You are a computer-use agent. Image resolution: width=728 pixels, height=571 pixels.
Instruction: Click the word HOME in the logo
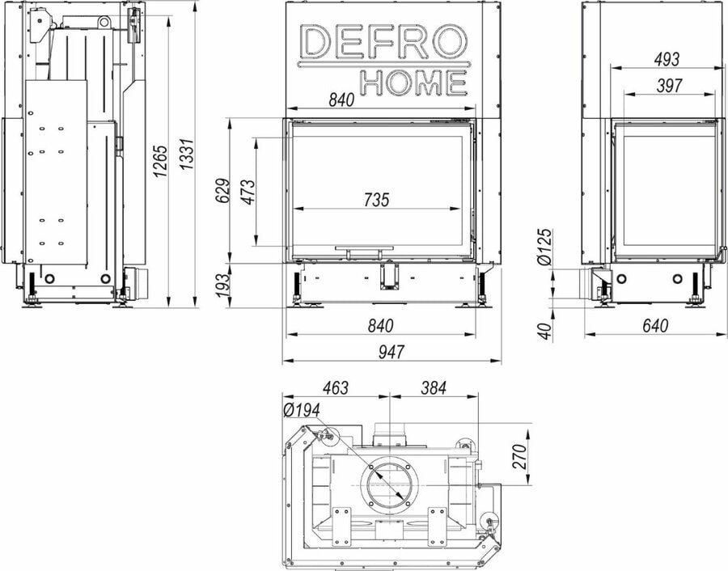[x=413, y=81]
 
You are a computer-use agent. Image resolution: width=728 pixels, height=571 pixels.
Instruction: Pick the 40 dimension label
[x=545, y=331]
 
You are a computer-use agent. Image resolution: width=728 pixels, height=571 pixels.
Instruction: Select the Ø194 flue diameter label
[x=301, y=410]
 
